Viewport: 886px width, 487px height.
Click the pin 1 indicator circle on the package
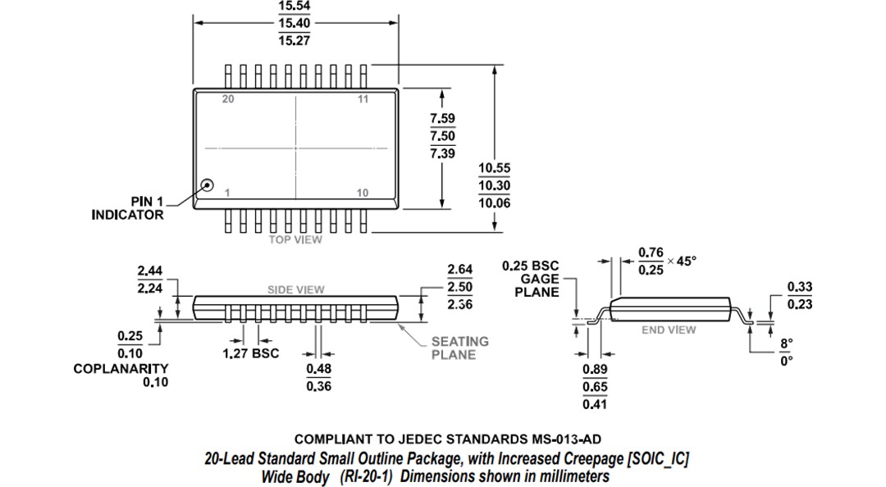(207, 186)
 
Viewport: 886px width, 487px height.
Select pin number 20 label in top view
(228, 99)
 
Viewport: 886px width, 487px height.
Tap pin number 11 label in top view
(363, 99)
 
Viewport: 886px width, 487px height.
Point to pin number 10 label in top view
(363, 193)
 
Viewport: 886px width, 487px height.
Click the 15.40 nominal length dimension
(295, 24)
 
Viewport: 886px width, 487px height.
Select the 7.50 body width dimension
(442, 136)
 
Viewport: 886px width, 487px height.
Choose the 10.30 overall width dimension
(495, 185)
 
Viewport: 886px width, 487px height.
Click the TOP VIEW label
(295, 239)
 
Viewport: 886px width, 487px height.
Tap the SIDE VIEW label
(295, 289)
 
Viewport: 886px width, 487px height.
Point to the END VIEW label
(669, 330)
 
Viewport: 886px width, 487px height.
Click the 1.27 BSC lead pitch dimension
(251, 353)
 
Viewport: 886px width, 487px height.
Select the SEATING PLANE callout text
(459, 348)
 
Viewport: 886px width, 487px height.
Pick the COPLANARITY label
(121, 369)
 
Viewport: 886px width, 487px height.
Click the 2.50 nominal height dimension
(459, 287)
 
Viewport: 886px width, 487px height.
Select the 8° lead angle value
(786, 344)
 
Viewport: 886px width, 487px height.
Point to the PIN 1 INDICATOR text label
(127, 208)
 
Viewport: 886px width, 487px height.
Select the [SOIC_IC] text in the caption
(657, 459)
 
